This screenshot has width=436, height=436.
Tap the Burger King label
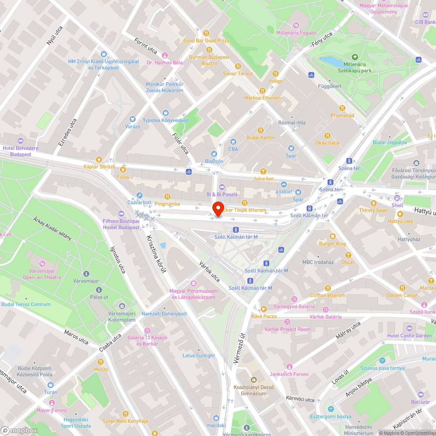coord(332,244)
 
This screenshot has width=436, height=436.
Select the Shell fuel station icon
coord(397,198)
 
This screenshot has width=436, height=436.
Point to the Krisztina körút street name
coord(156,249)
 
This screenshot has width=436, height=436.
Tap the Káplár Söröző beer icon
coord(99,159)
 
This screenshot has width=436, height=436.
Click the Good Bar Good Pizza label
coord(206,41)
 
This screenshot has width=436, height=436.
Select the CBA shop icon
coord(233,142)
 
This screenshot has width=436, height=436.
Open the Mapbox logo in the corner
coord(19,430)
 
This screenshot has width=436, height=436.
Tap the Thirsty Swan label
coord(373,210)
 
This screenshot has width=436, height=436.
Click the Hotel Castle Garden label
coord(409,336)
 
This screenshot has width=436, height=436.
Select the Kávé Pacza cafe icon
coord(264,309)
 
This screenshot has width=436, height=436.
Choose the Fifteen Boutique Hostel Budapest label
coord(121,224)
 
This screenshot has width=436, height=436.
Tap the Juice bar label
coord(263,178)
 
